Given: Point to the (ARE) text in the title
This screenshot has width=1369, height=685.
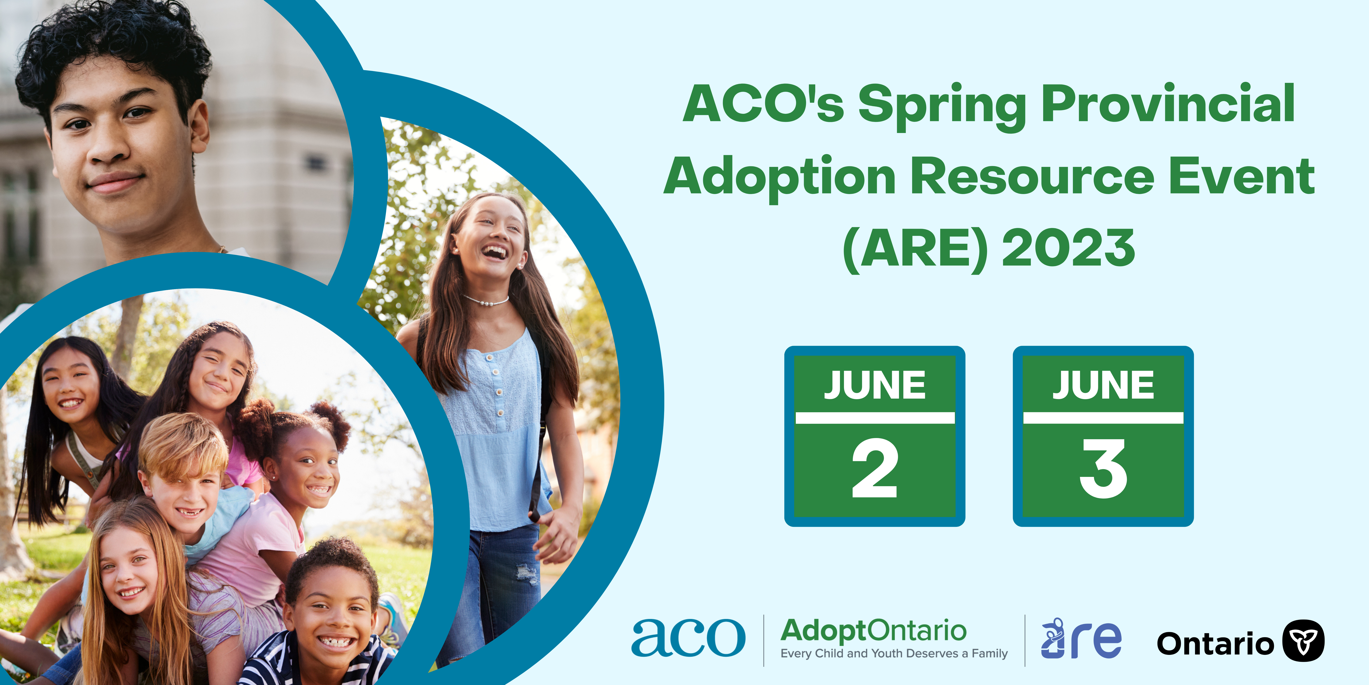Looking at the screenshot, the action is tap(915, 249).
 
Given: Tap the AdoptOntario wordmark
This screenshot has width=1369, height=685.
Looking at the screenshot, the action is tap(873, 631).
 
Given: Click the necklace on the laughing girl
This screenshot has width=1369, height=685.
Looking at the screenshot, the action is tap(485, 301).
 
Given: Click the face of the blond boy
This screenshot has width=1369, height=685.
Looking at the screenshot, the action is tap(183, 497).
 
